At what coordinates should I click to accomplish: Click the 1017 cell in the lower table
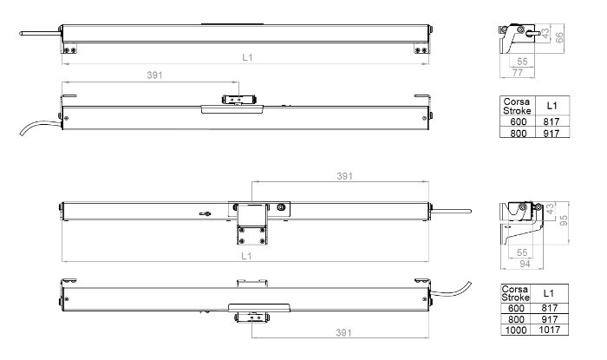549,330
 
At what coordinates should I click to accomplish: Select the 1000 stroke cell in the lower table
516,330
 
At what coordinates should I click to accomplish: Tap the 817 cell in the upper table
552,121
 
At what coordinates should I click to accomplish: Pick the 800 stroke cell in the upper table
518,134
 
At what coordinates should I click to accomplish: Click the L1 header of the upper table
552,106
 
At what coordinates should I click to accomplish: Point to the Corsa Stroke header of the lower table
515,293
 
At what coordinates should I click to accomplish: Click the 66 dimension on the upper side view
559,37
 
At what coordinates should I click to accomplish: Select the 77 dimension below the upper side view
518,72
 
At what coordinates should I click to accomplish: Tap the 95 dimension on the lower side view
564,220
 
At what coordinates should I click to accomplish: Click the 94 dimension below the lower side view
525,264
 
